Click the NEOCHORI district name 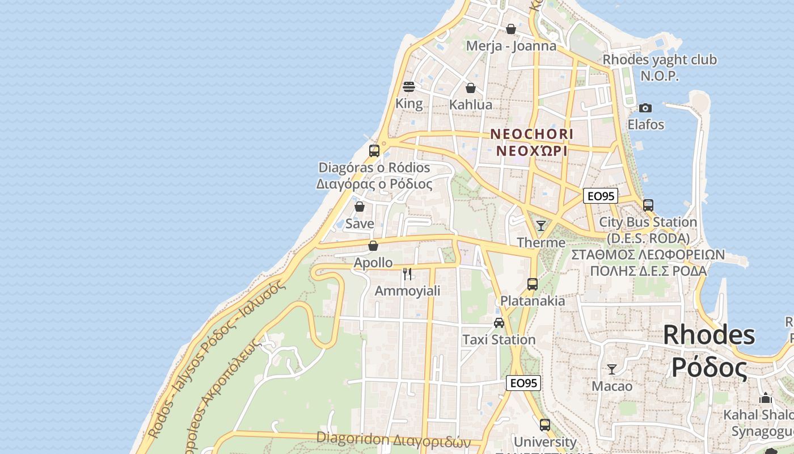531,134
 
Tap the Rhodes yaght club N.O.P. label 659,68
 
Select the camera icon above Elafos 645,108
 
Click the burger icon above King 409,87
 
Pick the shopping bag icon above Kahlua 471,88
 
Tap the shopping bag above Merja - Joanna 511,29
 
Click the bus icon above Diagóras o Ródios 374,150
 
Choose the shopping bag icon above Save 360,207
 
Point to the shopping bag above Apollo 373,246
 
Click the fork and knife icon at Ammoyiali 407,274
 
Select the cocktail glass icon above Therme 541,226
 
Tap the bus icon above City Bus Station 648,205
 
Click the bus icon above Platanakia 533,284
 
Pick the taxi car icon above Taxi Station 499,323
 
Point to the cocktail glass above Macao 612,369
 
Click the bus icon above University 545,424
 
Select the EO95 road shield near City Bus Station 601,196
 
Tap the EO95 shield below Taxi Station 523,383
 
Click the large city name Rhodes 709,335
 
